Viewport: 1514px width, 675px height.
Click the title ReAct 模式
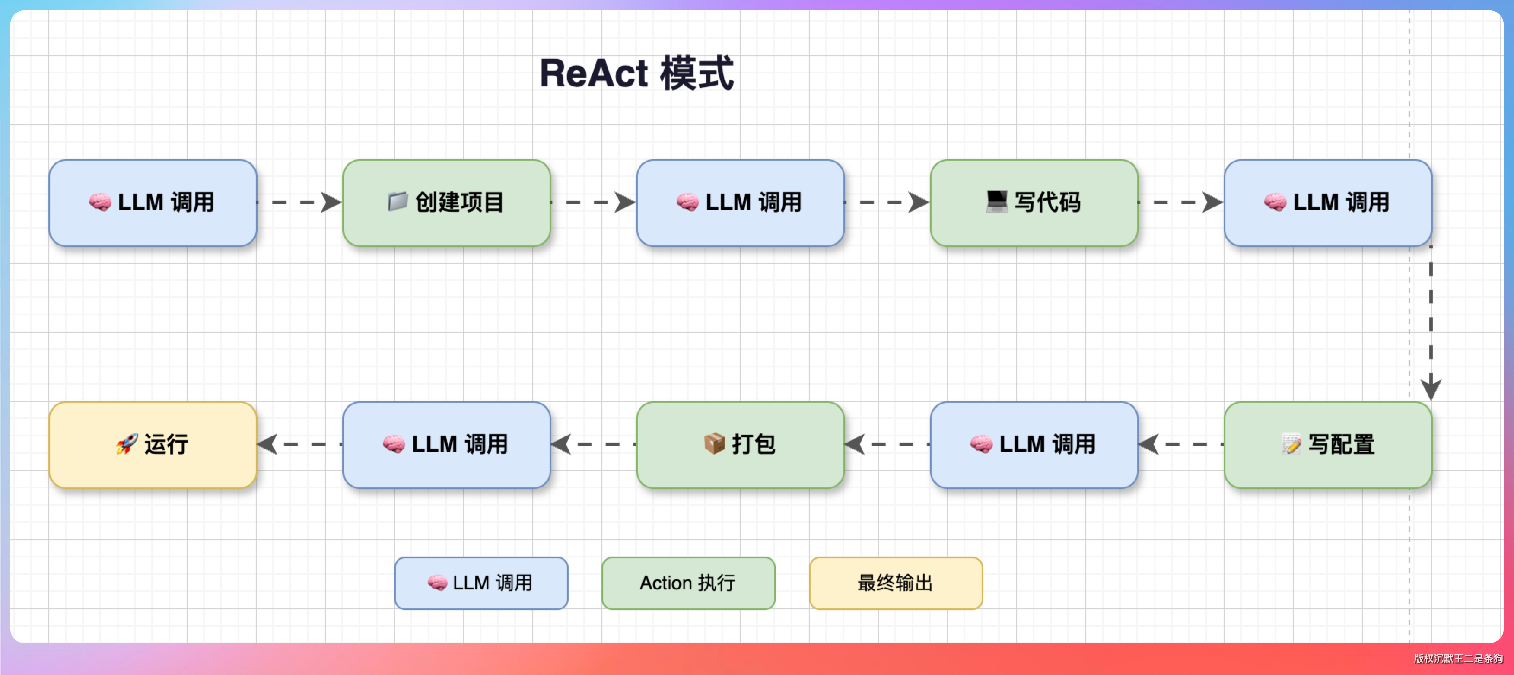click(x=636, y=73)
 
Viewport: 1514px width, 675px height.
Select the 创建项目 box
click(x=447, y=203)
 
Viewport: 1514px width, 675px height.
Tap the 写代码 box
click(x=1034, y=203)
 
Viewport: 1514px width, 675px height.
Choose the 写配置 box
click(x=1328, y=445)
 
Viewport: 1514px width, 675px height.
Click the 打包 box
click(x=741, y=445)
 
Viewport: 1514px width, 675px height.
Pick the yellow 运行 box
click(x=153, y=445)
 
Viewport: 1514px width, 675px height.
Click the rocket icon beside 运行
click(x=126, y=444)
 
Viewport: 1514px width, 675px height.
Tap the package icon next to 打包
click(x=714, y=444)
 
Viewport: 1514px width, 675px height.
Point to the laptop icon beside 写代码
click(x=997, y=202)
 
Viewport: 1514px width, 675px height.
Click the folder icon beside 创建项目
click(x=398, y=202)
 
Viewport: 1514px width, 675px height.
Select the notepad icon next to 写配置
click(x=1291, y=444)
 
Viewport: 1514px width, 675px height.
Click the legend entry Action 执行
click(x=688, y=583)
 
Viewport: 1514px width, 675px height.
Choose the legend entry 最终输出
click(x=896, y=583)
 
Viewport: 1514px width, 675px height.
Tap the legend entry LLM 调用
click(x=481, y=583)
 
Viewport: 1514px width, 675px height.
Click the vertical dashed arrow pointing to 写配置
click(x=1431, y=323)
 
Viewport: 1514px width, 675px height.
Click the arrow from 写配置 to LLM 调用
click(x=1181, y=445)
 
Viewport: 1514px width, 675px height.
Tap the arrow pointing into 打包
click(x=887, y=445)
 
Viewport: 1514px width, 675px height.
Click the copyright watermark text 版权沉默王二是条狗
click(x=1457, y=659)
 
